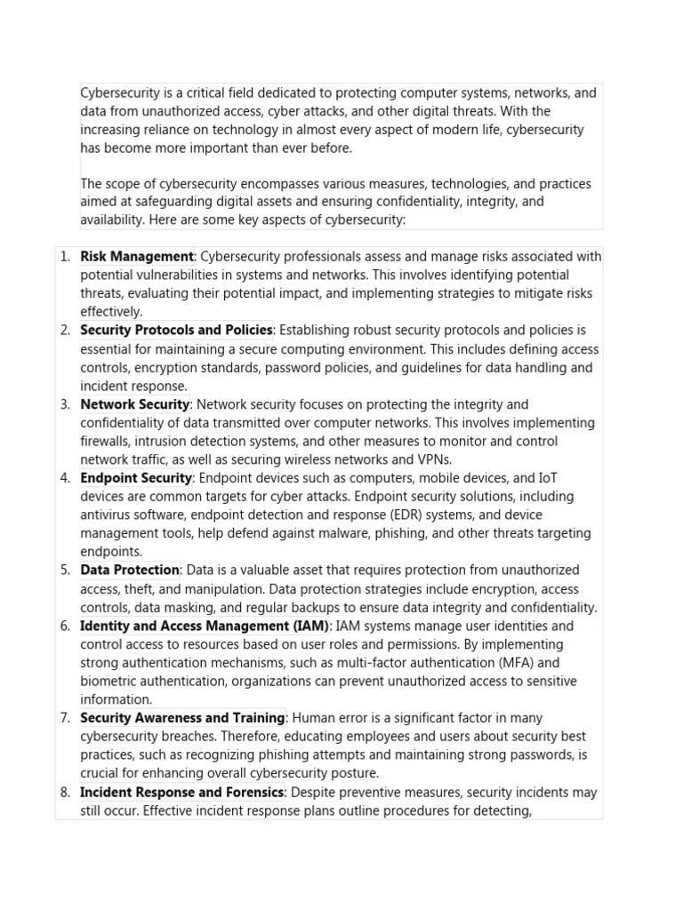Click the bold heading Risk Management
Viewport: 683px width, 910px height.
pos(137,257)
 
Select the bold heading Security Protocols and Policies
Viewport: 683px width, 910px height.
pos(176,331)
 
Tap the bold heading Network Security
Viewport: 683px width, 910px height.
pos(135,404)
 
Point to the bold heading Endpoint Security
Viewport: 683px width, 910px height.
pos(136,478)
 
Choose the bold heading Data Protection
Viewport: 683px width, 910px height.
pos(130,570)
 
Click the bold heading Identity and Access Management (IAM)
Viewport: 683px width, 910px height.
pos(205,626)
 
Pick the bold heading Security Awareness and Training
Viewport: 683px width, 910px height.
pos(182,718)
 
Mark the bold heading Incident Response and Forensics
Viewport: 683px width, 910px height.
pos(181,792)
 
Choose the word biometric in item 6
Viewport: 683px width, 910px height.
pos(110,681)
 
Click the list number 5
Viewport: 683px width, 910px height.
pos(65,570)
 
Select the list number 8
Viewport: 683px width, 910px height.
pos(65,792)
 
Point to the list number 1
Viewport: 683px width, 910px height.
pos(65,257)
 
